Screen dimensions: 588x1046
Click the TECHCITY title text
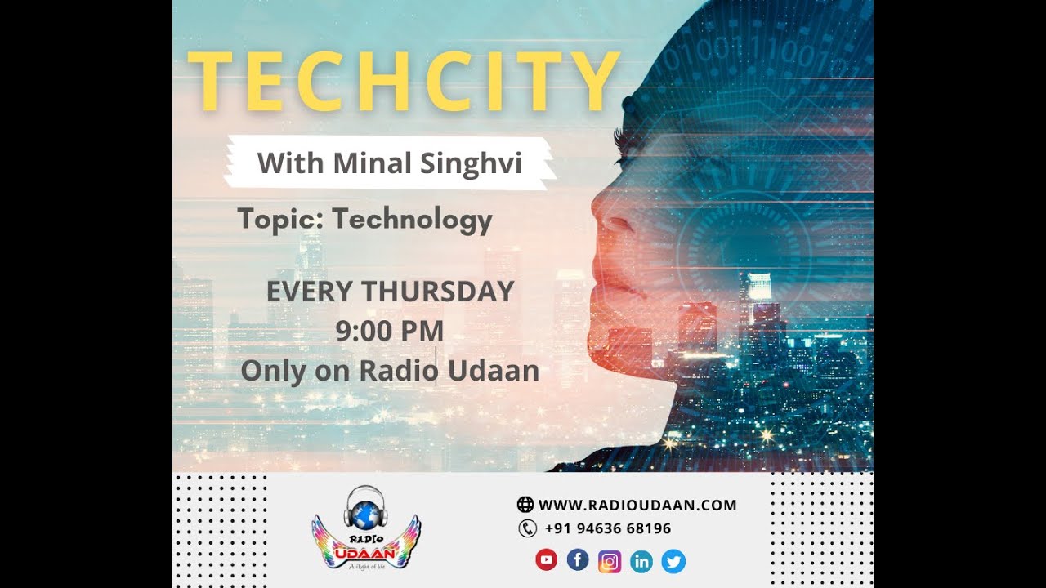(x=404, y=82)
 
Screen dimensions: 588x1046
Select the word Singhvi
(x=471, y=164)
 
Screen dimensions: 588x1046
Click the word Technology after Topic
(x=413, y=219)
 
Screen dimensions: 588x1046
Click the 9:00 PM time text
(x=390, y=331)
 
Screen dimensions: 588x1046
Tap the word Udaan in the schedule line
(x=494, y=370)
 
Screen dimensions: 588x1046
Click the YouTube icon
(x=546, y=560)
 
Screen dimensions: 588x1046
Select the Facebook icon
(x=578, y=560)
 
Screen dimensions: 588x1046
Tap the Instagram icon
(x=610, y=561)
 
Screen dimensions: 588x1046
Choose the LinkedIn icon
(x=641, y=561)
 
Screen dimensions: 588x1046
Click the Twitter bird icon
(x=673, y=561)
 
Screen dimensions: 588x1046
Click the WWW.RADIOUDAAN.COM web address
(x=637, y=505)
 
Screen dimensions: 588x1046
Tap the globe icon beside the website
(x=525, y=505)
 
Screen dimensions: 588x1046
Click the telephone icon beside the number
(x=527, y=528)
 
